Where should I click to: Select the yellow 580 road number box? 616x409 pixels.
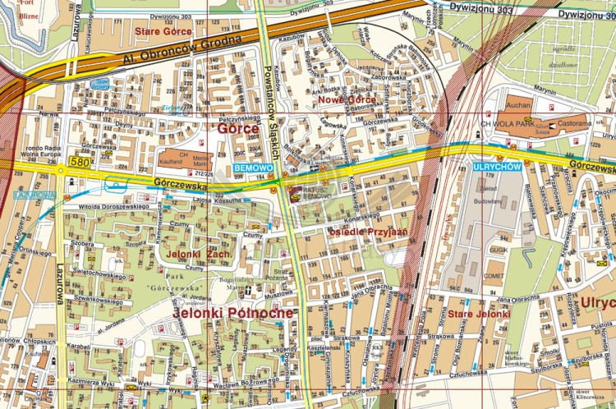(79, 163)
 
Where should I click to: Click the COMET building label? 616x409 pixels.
(494, 277)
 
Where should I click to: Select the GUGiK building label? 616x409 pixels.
(494, 248)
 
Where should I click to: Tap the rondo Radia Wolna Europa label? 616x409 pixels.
(37, 153)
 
